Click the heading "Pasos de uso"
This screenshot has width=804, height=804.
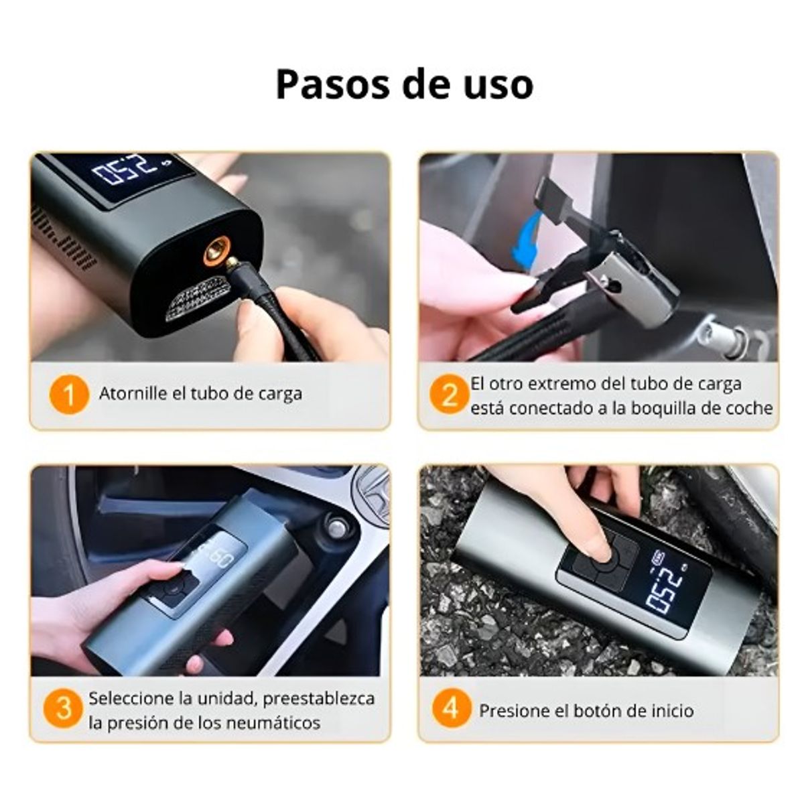coord(404,84)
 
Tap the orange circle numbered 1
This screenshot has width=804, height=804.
coord(69,395)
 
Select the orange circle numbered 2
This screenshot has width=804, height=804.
coord(449,395)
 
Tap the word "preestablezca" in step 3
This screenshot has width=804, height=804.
coord(318,698)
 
